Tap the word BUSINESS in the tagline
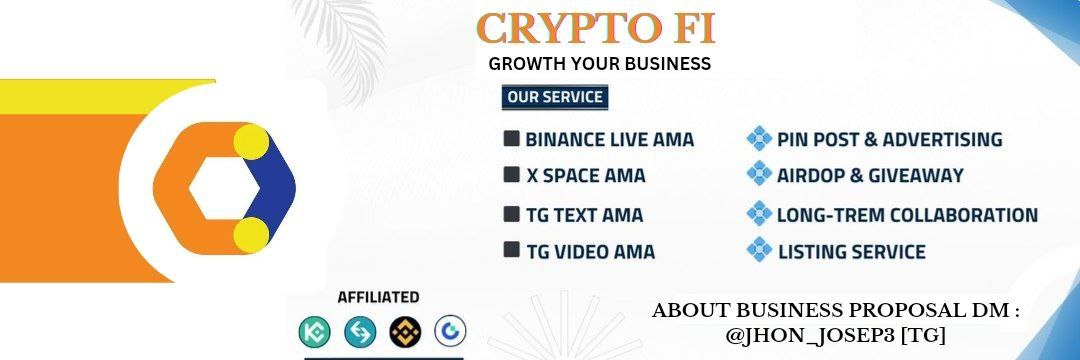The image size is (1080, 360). pyautogui.click(x=660, y=64)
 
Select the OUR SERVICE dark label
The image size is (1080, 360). pyautogui.click(x=555, y=97)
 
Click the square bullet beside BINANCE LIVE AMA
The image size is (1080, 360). pyautogui.click(x=512, y=138)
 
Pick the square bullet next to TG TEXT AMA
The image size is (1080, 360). pyautogui.click(x=512, y=214)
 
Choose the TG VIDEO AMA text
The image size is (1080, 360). pyautogui.click(x=590, y=252)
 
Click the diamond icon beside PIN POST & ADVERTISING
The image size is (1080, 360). pyautogui.click(x=760, y=139)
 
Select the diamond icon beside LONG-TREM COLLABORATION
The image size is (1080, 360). pyautogui.click(x=760, y=214)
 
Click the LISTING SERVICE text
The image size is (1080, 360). pyautogui.click(x=851, y=252)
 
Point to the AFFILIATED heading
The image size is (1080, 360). pyautogui.click(x=378, y=297)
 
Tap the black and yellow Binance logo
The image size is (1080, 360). pyautogui.click(x=405, y=331)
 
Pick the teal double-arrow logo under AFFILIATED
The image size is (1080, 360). pyautogui.click(x=360, y=331)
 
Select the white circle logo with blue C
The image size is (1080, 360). pyautogui.click(x=450, y=331)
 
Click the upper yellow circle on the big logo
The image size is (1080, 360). pyautogui.click(x=251, y=143)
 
